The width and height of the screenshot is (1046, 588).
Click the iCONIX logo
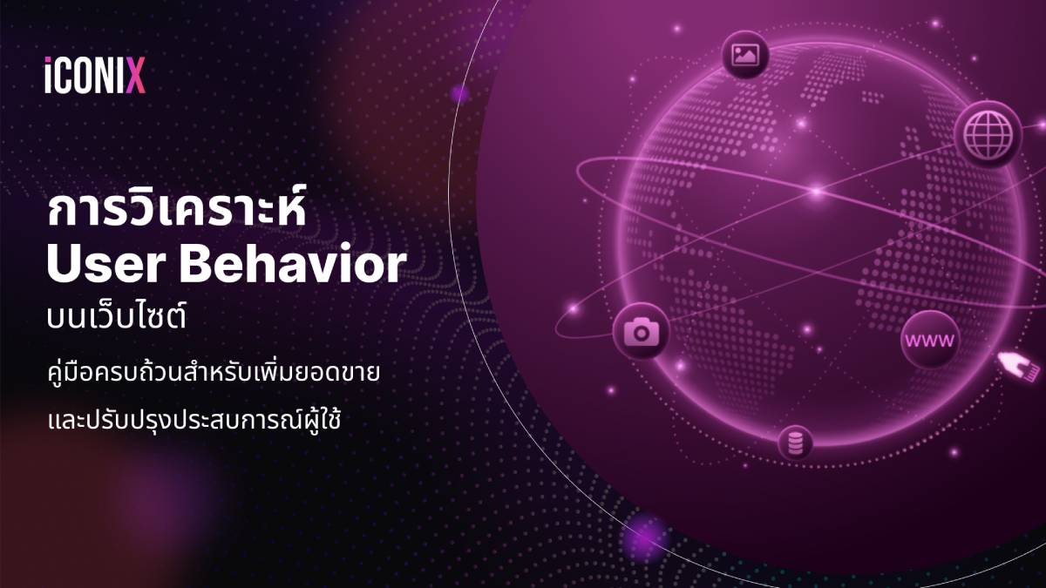(x=95, y=75)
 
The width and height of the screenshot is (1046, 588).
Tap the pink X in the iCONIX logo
(x=136, y=75)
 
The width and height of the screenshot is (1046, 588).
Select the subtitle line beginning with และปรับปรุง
(x=194, y=419)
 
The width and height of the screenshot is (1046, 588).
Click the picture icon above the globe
(x=745, y=55)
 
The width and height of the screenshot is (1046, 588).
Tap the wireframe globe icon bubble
(x=988, y=134)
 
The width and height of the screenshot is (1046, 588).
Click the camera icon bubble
(x=642, y=331)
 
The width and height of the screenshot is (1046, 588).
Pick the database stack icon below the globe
(x=795, y=443)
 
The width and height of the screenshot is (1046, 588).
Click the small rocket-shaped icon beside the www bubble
(x=1018, y=367)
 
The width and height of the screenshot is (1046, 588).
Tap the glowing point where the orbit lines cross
(x=817, y=192)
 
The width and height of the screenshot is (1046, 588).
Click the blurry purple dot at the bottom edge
(x=644, y=538)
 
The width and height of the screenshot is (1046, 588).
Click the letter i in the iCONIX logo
(x=48, y=75)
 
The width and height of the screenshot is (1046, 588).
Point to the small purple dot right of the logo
(x=459, y=94)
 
